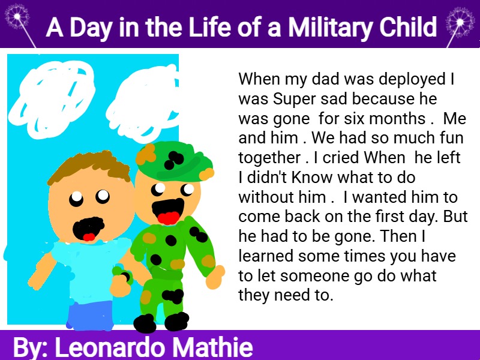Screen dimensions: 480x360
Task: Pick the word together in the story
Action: (269, 158)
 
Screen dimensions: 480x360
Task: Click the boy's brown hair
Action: (89, 167)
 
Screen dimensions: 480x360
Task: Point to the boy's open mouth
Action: (88, 229)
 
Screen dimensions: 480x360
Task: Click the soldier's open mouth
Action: (168, 211)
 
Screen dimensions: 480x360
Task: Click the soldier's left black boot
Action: (145, 323)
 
